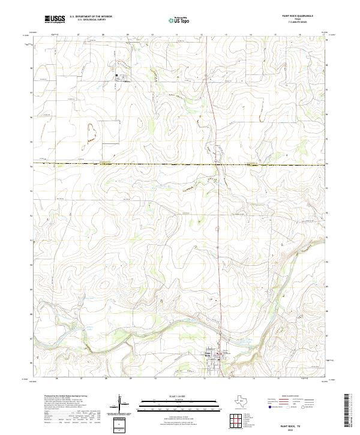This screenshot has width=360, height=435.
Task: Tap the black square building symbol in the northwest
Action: tap(116, 74)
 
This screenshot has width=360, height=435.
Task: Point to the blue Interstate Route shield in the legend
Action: tap(268, 406)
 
